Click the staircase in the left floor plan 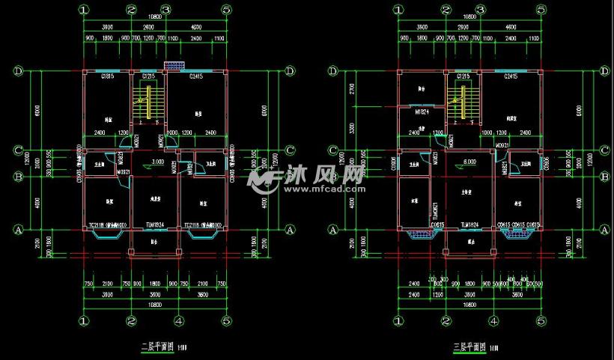point(148,102)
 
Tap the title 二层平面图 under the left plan point(158,347)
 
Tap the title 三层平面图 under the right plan point(470,347)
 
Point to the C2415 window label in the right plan point(511,76)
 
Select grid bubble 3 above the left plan point(166,10)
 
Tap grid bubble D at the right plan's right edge point(604,71)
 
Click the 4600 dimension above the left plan point(196,27)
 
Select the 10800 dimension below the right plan point(470,305)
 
